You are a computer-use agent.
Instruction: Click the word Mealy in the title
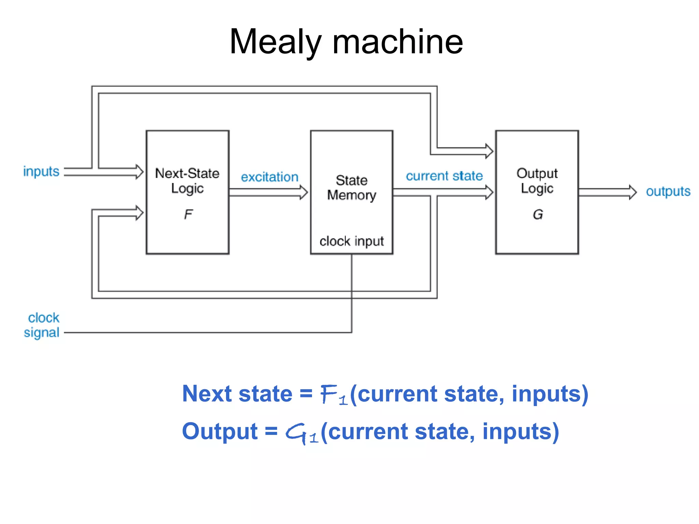(275, 42)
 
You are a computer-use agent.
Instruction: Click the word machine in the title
(397, 42)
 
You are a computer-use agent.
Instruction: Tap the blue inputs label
(41, 171)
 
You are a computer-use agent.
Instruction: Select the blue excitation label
(270, 177)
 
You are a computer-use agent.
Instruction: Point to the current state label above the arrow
(444, 176)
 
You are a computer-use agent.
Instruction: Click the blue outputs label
(668, 191)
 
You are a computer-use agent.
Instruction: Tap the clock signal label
(42, 325)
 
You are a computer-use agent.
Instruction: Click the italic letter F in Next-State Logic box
(188, 215)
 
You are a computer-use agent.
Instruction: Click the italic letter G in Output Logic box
(538, 215)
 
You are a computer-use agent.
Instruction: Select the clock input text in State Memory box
(352, 241)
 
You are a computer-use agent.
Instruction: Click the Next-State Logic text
(187, 181)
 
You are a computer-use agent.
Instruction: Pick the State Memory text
(352, 188)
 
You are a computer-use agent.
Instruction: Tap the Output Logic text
(537, 181)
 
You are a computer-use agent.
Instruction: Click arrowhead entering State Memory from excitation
(304, 192)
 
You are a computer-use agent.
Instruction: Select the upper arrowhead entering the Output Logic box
(489, 151)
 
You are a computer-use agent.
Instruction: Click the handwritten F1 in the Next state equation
(334, 395)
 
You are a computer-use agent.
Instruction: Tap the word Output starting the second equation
(219, 431)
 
